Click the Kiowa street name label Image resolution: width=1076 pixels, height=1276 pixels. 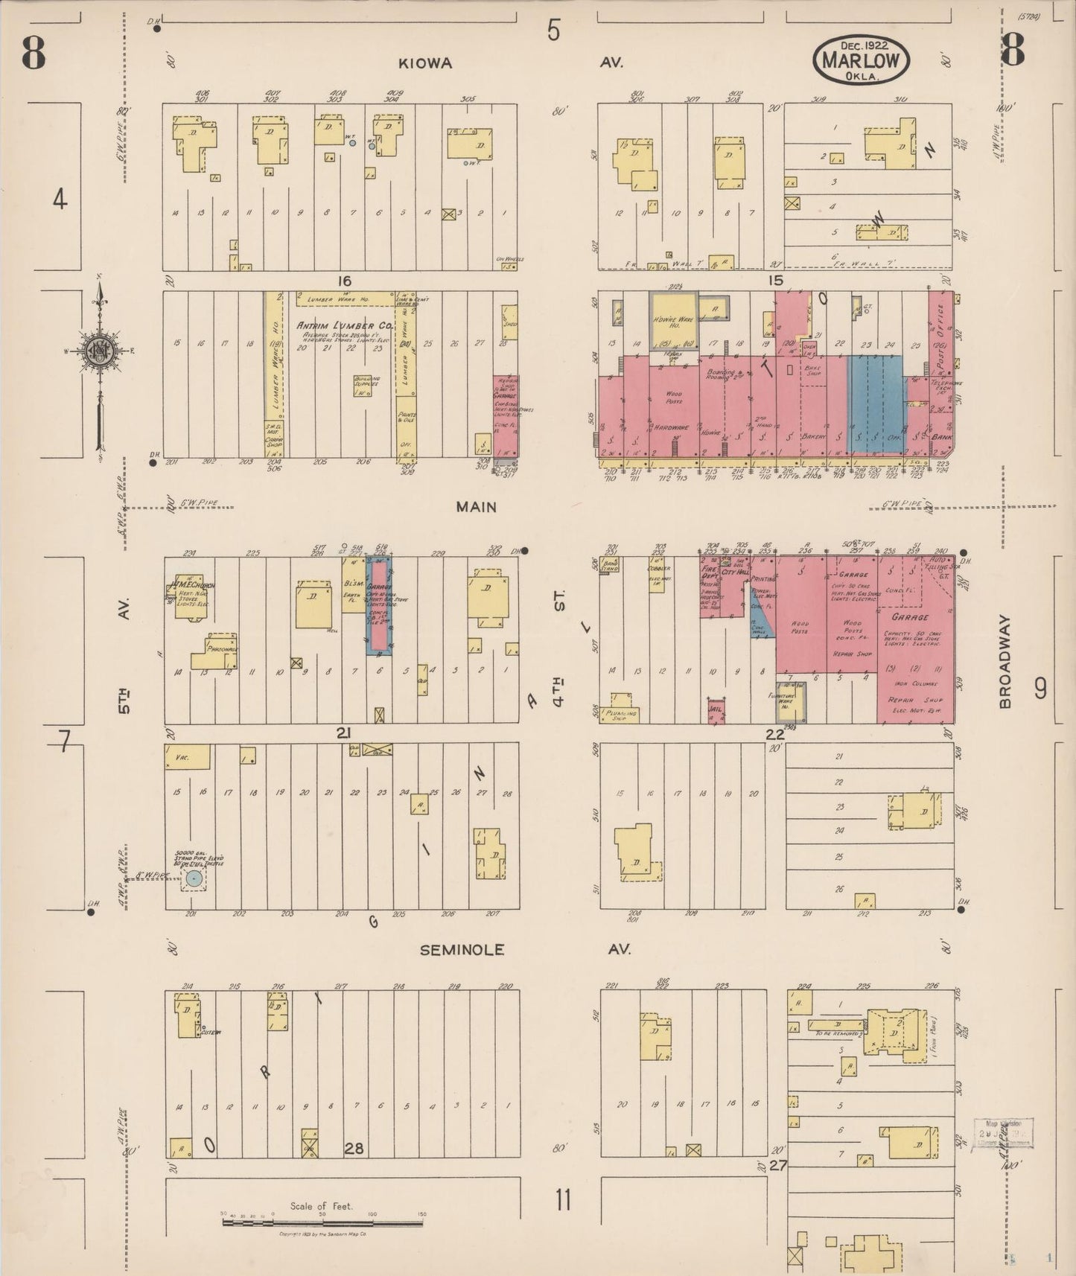pyautogui.click(x=425, y=63)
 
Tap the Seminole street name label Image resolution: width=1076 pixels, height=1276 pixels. pyautogui.click(x=462, y=950)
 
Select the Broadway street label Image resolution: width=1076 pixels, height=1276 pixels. pyautogui.click(x=1005, y=661)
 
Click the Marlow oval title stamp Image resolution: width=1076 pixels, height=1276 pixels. pyautogui.click(x=862, y=61)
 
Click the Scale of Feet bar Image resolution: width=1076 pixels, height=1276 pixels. pyautogui.click(x=322, y=1222)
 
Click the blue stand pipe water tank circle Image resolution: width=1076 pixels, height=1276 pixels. pyautogui.click(x=194, y=879)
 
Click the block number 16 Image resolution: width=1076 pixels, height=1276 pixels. pyautogui.click(x=343, y=281)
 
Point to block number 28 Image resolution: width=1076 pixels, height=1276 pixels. pyautogui.click(x=354, y=1149)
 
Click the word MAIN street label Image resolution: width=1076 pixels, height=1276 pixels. pyautogui.click(x=477, y=507)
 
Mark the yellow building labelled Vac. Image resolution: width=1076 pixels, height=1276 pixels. pyautogui.click(x=187, y=757)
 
